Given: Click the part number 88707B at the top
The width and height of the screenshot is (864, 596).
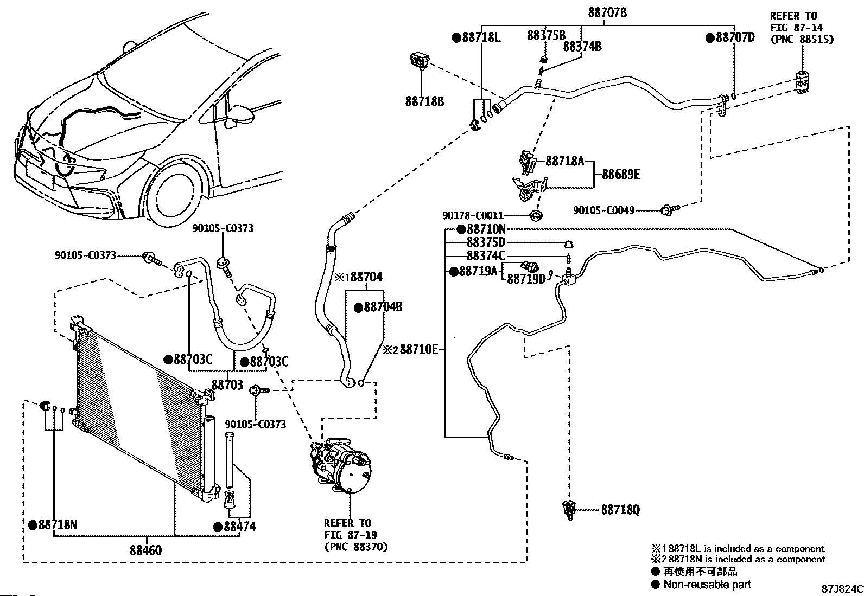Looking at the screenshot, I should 607,12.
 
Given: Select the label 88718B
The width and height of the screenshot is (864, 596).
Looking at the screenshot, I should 424,101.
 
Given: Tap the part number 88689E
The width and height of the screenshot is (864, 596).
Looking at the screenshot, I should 621,175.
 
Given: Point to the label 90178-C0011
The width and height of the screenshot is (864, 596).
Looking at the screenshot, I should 473,216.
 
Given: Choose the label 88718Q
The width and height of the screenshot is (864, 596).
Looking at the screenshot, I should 620,510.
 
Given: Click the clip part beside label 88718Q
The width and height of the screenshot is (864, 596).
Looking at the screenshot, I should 569,509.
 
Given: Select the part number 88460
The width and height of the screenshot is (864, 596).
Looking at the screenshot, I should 145,550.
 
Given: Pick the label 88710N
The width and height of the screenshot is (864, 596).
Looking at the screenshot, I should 485,229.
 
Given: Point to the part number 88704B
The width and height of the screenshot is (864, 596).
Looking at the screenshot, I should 382,307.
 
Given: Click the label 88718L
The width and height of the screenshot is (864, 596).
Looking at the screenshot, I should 480,37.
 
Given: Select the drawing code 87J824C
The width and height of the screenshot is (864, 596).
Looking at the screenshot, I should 841,588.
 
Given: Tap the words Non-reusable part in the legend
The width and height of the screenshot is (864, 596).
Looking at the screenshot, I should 707,584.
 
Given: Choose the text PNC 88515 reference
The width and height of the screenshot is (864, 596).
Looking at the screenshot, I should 802,39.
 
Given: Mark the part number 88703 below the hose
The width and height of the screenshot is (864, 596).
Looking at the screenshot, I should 227,385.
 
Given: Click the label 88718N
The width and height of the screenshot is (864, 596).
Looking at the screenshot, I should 57,524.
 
